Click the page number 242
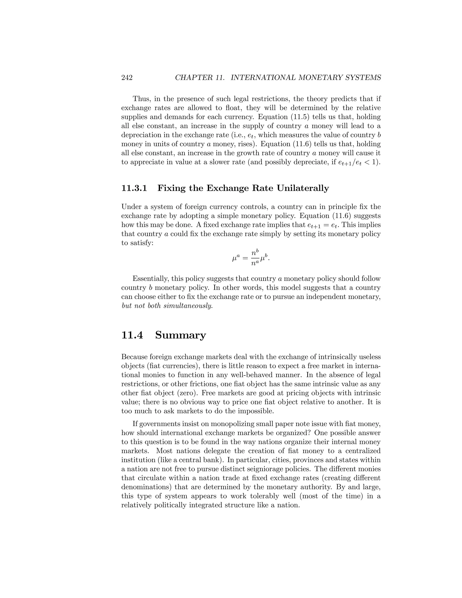pyautogui.click(x=127, y=78)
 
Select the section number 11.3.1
pyautogui.click(x=134, y=188)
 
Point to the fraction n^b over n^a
pyautogui.click(x=255, y=258)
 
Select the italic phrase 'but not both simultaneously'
pyautogui.click(x=167, y=306)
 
